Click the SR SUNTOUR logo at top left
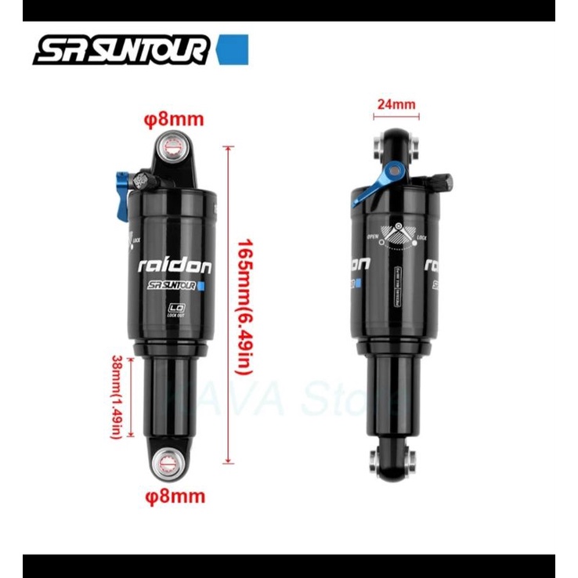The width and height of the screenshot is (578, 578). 121,50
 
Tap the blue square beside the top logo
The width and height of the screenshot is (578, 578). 233,49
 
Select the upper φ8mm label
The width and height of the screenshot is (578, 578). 174,120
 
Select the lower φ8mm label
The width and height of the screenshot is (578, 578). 174,495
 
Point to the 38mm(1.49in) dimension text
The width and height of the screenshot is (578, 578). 116,396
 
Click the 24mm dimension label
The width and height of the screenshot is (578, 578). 396,103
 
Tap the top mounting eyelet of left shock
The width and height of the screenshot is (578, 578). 172,146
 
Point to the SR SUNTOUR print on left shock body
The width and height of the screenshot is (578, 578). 171,287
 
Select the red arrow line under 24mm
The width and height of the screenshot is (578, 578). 396,117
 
